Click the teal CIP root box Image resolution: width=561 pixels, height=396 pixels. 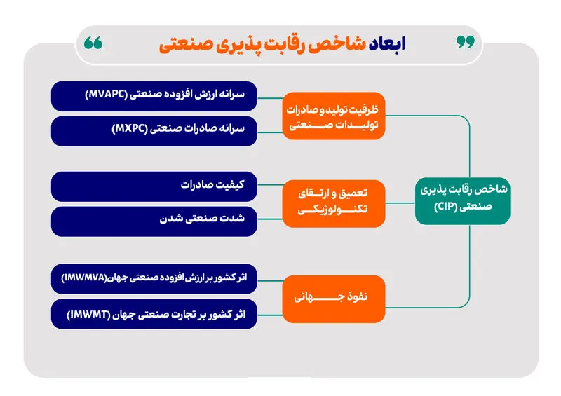click(463, 201)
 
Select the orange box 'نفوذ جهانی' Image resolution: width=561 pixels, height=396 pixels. click(334, 299)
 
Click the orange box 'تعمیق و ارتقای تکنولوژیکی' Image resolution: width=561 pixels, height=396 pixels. click(334, 203)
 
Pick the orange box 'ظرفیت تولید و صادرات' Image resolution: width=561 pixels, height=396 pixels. click(334, 116)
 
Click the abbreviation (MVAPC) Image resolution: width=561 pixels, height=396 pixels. click(107, 95)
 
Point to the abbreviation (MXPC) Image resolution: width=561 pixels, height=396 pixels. click(130, 128)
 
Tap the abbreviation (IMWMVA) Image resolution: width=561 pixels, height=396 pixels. click(84, 278)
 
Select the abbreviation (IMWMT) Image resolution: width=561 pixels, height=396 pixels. click(88, 315)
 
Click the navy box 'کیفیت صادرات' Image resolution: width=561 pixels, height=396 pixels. click(154, 186)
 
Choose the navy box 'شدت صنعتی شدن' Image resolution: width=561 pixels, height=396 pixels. click(154, 221)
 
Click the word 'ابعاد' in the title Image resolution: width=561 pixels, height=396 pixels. click(387, 44)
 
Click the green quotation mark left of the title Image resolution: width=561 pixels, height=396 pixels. click(93, 43)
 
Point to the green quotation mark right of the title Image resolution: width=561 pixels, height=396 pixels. click(466, 42)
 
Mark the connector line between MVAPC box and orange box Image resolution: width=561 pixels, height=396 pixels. click(270, 98)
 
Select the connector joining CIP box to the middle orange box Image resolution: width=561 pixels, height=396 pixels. click(400, 203)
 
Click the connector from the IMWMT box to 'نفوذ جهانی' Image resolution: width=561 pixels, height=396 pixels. click(270, 315)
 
